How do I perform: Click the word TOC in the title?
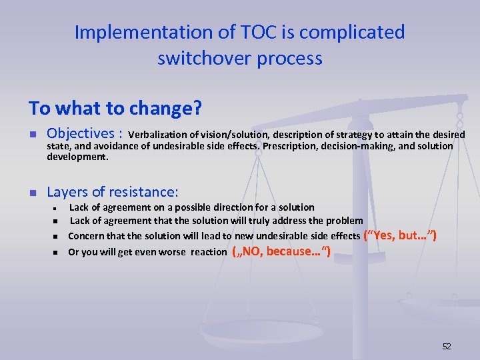pos(237,32)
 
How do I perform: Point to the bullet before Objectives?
pos(32,134)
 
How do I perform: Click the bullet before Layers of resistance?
pos(32,193)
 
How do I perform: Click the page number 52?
pos(447,346)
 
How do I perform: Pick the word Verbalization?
pos(167,135)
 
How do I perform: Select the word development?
pos(76,157)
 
